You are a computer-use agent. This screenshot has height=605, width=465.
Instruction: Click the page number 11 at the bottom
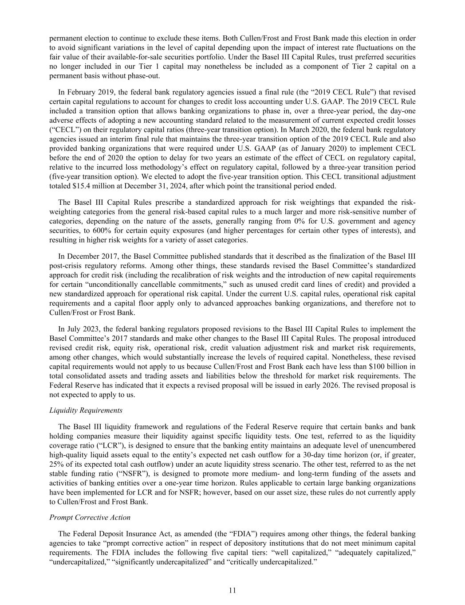pyautogui.click(x=232, y=590)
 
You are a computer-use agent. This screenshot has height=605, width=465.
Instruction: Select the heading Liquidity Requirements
pyautogui.click(x=86, y=410)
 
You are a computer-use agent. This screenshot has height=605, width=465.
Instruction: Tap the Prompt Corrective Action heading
pyautogui.click(x=90, y=517)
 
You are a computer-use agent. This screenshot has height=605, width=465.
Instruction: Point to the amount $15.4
pyautogui.click(x=81, y=186)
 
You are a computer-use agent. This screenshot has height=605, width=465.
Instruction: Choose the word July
pyautogui.click(x=72, y=329)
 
